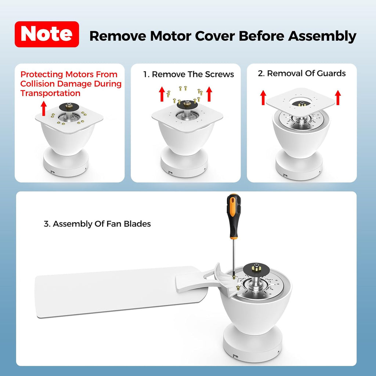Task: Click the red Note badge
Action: click(47, 34)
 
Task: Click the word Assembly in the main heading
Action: click(322, 36)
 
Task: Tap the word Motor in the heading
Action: click(170, 36)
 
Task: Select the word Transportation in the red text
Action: click(50, 93)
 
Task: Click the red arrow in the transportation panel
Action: click(43, 108)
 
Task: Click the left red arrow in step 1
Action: click(162, 94)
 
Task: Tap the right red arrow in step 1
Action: click(209, 94)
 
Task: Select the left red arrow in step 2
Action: click(263, 97)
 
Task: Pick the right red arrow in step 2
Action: click(338, 97)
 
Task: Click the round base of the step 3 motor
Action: click(253, 343)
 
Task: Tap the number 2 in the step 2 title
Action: click(261, 73)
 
